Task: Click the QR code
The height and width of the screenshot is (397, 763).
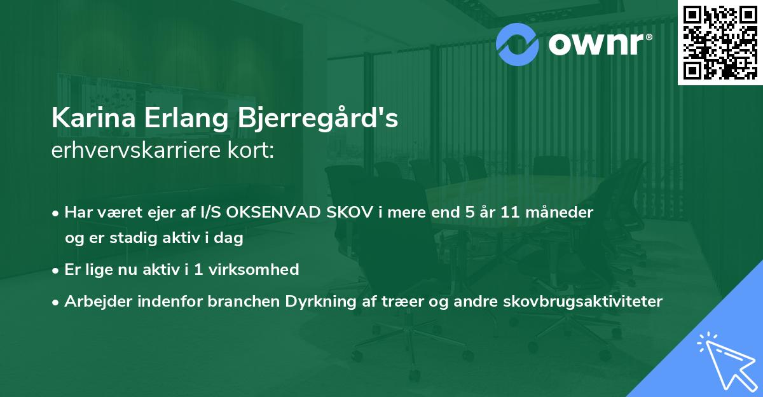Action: pyautogui.click(x=720, y=42)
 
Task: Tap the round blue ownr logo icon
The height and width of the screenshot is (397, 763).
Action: pyautogui.click(x=517, y=43)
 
